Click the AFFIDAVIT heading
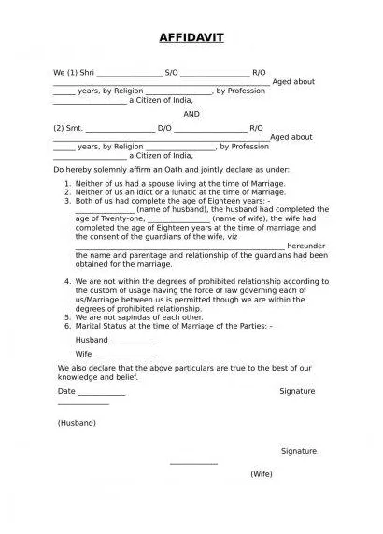191,37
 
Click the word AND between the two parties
191,114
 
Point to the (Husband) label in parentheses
77,423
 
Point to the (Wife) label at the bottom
261,474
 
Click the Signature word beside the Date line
298,391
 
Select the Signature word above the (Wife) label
298,450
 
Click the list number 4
67,281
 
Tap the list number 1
67,185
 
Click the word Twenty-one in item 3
119,218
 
